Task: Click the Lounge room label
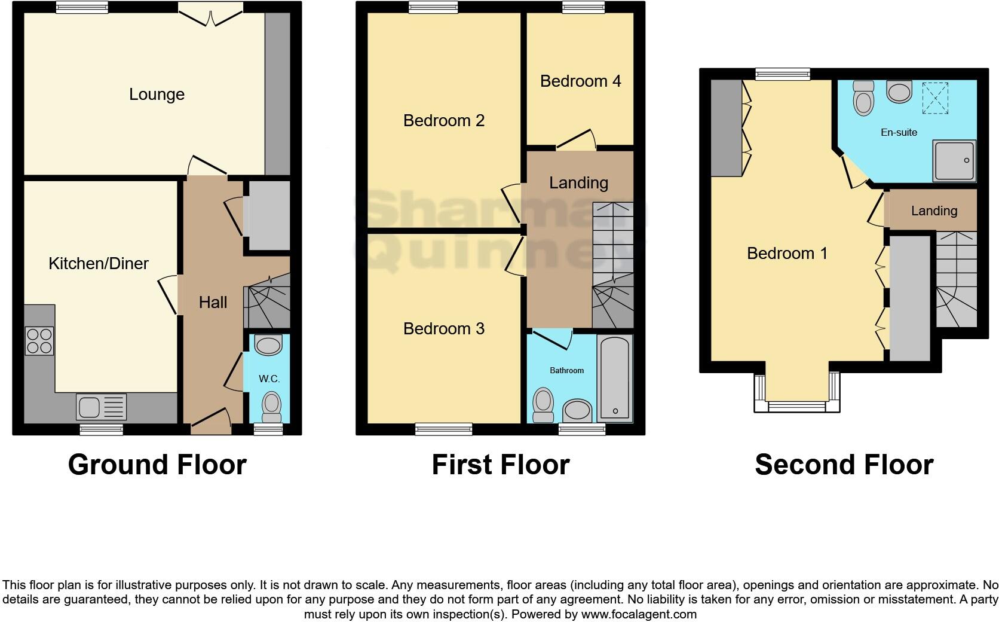(157, 94)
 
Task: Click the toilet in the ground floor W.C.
(272, 405)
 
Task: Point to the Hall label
(213, 303)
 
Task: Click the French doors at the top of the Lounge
(210, 13)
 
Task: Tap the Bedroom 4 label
(580, 81)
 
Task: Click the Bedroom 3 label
(443, 328)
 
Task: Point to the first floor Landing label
(578, 183)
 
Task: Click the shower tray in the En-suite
(955, 160)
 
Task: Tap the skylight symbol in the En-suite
(935, 97)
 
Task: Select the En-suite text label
(899, 132)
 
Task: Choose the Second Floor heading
(844, 465)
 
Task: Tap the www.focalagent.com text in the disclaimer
(639, 614)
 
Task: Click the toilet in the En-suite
(863, 98)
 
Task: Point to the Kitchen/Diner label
(99, 263)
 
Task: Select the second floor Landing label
(934, 211)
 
